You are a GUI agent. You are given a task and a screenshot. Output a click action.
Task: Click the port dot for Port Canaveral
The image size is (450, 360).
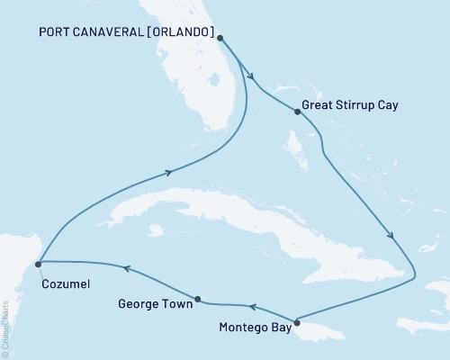point(220,39)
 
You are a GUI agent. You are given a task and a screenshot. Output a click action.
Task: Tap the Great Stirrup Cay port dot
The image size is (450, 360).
point(297,112)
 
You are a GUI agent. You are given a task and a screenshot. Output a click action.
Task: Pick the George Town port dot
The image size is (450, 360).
point(197,299)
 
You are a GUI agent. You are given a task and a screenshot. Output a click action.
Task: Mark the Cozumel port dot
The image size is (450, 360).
point(38,265)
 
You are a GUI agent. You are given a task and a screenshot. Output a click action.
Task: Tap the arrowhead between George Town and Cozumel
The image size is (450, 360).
point(127,268)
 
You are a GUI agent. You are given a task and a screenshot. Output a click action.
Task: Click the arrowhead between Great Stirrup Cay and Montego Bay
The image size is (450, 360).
point(391,237)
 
